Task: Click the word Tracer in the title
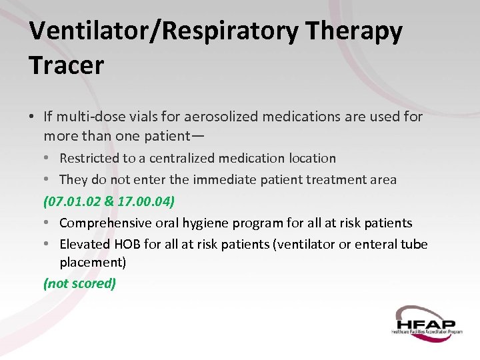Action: [x=67, y=65]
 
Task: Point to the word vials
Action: [x=143, y=117]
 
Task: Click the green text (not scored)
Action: [x=79, y=283]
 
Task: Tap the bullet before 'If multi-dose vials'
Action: [x=32, y=117]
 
